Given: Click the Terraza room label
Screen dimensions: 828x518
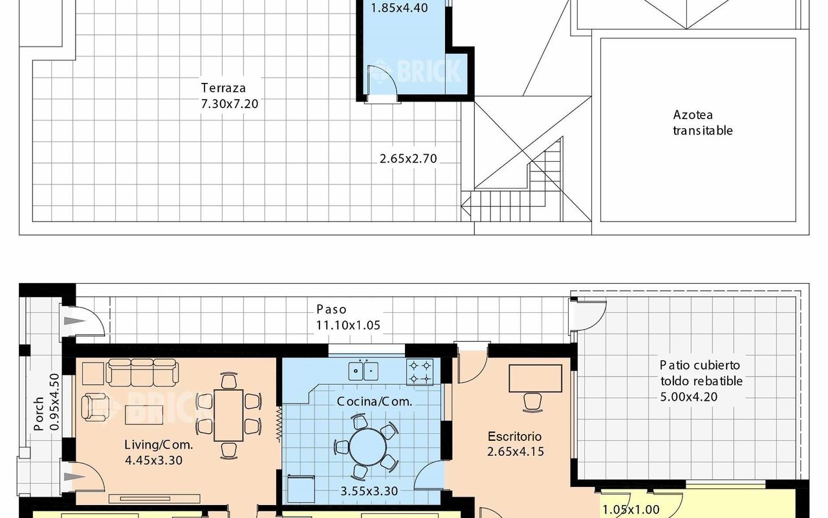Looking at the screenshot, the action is [223, 87].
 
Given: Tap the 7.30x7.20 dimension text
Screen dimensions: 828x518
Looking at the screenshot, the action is [230, 104].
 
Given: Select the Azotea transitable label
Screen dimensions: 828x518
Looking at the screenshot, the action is [703, 122].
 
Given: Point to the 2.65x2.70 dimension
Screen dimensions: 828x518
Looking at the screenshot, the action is [408, 159].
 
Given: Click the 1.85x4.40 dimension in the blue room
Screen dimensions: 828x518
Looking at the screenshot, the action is [399, 8].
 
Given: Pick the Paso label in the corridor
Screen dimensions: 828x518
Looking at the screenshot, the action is [332, 309].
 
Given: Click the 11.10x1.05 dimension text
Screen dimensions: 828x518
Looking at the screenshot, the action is [348, 325].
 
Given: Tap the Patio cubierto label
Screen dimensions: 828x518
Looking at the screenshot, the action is [700, 365].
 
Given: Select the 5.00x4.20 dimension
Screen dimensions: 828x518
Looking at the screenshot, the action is [689, 397].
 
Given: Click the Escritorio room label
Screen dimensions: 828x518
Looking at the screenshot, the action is [515, 436].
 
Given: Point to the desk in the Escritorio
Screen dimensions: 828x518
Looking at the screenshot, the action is [536, 378].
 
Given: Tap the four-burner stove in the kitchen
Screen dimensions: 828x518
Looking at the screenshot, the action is [420, 372].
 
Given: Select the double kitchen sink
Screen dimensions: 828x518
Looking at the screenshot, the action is [364, 371].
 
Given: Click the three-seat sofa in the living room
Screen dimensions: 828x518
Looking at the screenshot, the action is [142, 372].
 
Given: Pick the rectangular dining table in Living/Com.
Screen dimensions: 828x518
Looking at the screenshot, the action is [228, 415].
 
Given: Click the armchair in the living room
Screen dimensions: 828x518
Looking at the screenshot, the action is [95, 407].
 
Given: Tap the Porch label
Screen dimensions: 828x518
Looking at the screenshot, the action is [39, 414].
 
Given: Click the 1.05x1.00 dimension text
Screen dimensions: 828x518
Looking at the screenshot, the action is [631, 510].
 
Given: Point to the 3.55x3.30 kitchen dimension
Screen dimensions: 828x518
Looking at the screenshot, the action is [369, 491].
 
